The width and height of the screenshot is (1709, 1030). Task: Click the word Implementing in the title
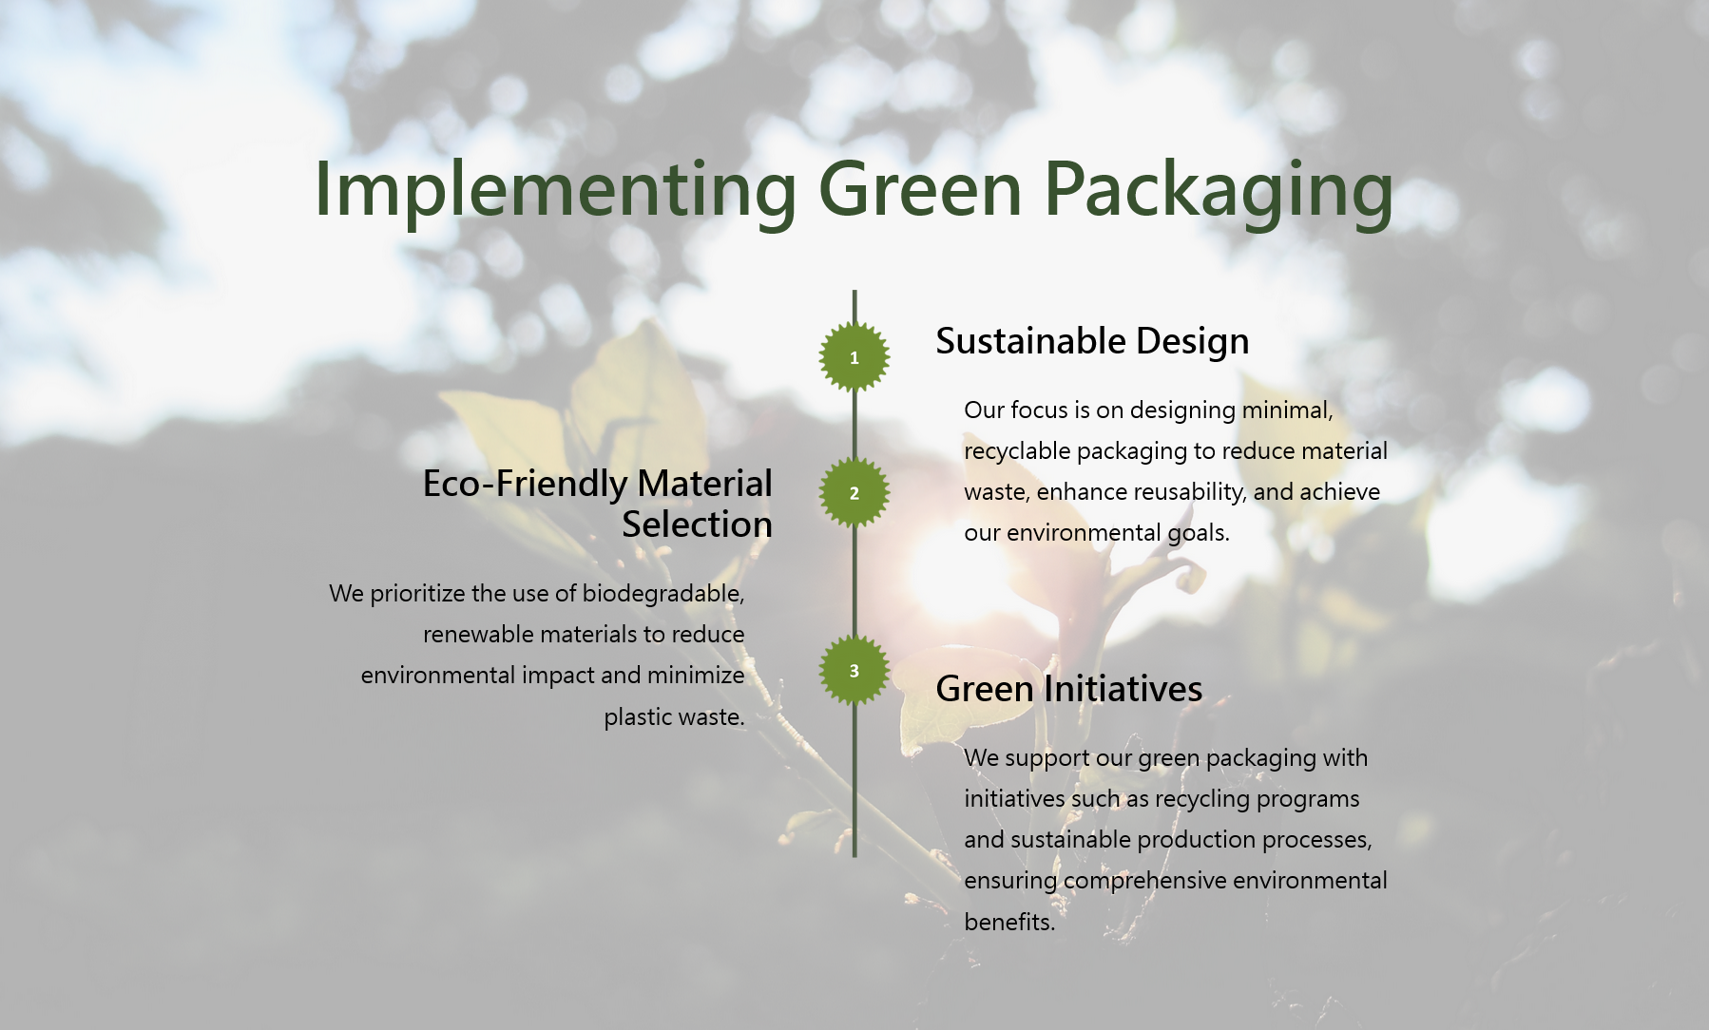coord(556,191)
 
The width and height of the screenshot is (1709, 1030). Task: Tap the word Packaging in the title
coord(1219,191)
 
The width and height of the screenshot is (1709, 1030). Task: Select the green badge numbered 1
coord(854,357)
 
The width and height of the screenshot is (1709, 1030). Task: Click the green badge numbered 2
coord(854,493)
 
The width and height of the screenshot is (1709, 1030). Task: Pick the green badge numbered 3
coord(854,671)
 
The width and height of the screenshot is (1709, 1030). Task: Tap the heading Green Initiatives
coord(1069,689)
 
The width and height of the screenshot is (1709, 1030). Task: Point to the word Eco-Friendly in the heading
coord(525,485)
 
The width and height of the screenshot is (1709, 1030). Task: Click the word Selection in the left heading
coord(698,525)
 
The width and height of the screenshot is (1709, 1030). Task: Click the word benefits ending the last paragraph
coord(1009,923)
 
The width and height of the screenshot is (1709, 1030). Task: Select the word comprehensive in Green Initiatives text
coord(1145,882)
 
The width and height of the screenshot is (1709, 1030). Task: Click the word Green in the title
coord(920,189)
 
